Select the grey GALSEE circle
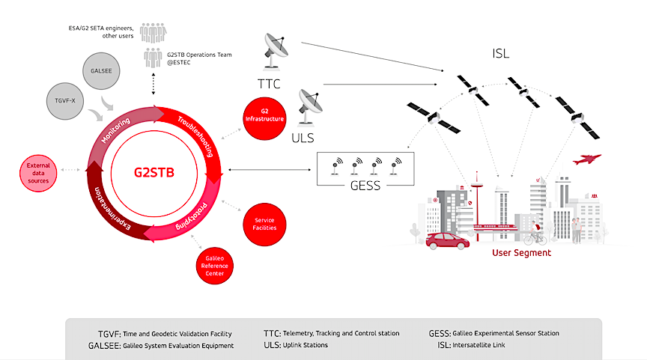tap(103, 72)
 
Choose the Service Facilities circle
tap(264, 224)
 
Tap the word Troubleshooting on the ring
tap(197, 135)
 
